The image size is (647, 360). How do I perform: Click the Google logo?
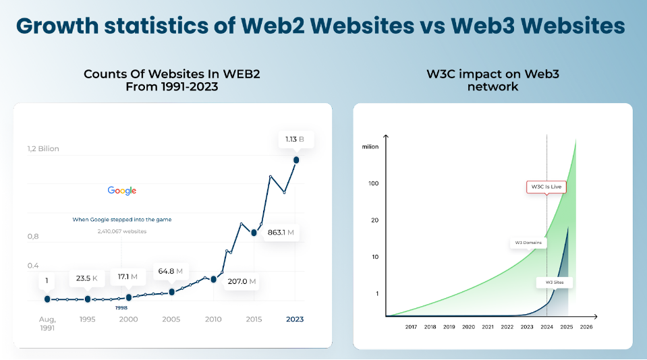[122, 191]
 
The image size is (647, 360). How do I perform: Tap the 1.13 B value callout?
[295, 140]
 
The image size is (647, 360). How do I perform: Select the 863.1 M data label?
[281, 233]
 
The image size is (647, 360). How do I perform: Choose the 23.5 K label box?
[86, 278]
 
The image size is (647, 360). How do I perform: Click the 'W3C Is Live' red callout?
[545, 187]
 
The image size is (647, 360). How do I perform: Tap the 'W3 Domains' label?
[528, 243]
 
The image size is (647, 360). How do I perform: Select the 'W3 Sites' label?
[554, 282]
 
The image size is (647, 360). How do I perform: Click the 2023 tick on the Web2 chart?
[295, 320]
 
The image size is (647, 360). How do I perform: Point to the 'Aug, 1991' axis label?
[47, 324]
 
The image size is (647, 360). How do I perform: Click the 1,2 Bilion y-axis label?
[43, 149]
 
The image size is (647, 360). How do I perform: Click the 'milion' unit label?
[370, 147]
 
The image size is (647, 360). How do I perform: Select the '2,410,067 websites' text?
[122, 231]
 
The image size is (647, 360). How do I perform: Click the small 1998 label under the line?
[121, 307]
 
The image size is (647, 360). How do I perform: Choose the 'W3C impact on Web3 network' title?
[493, 80]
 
